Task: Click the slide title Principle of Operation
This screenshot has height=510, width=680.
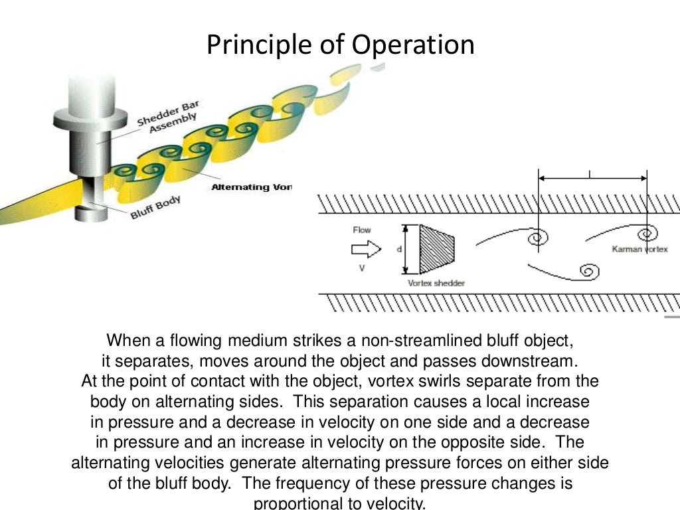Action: [x=340, y=44]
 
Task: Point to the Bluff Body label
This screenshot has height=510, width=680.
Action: [x=155, y=206]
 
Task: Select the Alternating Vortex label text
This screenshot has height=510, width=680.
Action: [x=251, y=187]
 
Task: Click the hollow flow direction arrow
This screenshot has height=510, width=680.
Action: [x=366, y=250]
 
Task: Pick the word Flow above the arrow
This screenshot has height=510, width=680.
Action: [x=362, y=230]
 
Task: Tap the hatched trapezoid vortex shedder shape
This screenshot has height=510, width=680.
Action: [x=436, y=249]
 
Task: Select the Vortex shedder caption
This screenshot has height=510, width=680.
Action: [x=436, y=283]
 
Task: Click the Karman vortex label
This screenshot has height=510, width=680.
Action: [x=639, y=250]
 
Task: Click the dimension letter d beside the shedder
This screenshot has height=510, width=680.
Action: [x=399, y=249]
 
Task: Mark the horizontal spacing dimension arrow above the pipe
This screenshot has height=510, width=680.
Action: [x=592, y=178]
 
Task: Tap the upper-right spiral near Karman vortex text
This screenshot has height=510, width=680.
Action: [x=644, y=234]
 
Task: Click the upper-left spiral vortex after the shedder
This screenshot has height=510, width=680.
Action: [x=535, y=237]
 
